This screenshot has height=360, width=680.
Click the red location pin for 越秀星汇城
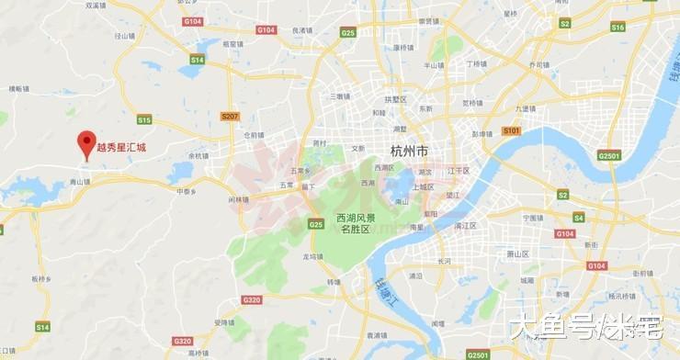point(87,141)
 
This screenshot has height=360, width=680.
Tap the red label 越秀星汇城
point(122,146)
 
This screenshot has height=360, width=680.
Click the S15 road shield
point(144,119)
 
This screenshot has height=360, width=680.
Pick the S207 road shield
point(230,117)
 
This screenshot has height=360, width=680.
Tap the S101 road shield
point(512,130)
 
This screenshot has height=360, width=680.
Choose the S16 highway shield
point(618,28)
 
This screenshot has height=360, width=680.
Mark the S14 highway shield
point(42,326)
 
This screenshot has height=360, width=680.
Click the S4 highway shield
point(579,218)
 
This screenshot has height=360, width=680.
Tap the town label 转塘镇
point(333,282)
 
